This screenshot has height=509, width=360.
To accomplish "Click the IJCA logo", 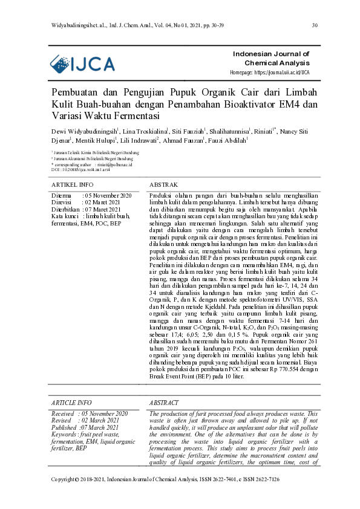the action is point(82,64).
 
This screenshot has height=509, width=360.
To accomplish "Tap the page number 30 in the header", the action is point(315,25).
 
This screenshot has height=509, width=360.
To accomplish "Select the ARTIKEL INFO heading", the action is point(73,184).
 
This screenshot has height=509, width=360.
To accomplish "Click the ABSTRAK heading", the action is point(163,184).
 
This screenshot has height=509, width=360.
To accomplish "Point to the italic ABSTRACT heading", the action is point(164,403).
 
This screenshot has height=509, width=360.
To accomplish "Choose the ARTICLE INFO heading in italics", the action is point(72,403).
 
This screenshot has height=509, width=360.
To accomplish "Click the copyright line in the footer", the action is point(165,496).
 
